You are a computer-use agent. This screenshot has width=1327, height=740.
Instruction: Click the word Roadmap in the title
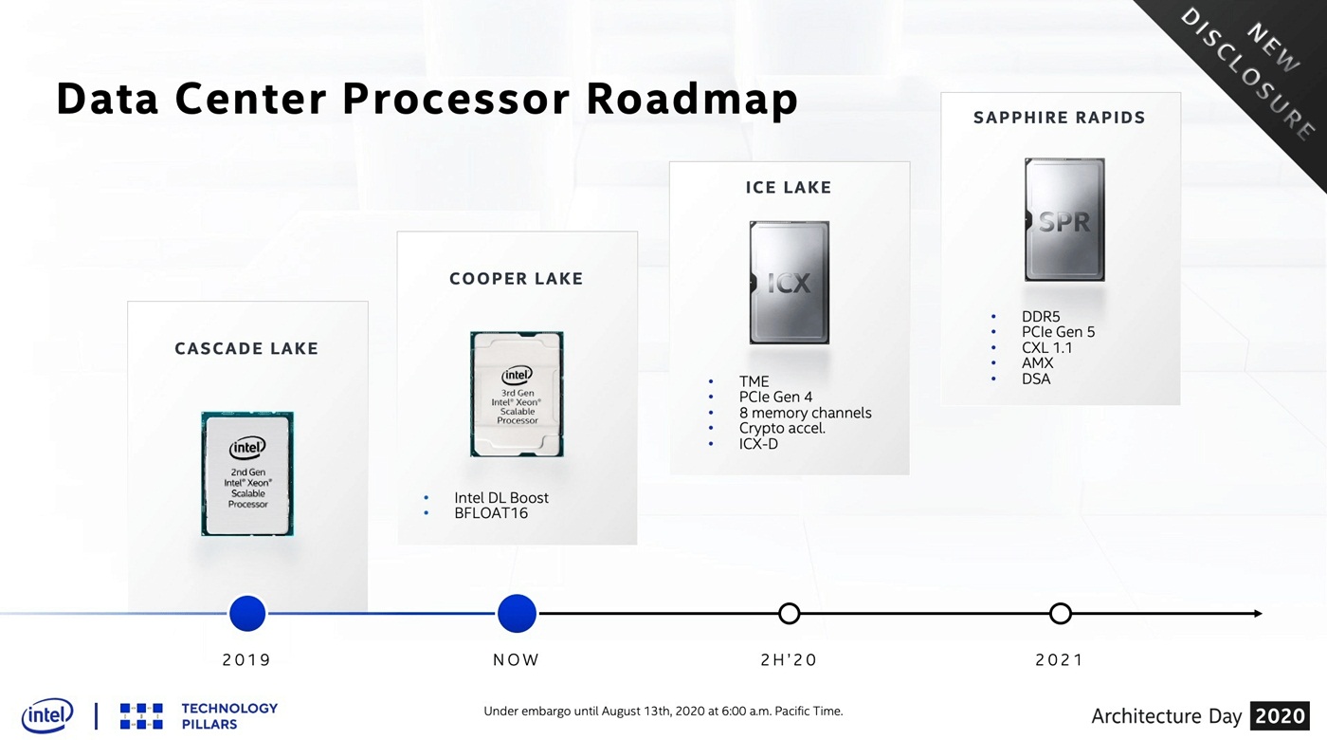(692, 99)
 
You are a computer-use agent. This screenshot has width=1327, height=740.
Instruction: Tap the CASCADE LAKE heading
(246, 349)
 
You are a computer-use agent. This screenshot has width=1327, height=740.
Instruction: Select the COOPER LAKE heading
(517, 279)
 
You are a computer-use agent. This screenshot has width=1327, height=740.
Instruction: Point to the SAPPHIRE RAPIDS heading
(1060, 118)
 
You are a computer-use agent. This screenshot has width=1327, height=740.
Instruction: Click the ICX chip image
(789, 283)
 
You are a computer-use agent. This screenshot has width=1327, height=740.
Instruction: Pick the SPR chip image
(1064, 219)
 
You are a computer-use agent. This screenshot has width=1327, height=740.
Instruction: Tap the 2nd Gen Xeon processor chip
(247, 473)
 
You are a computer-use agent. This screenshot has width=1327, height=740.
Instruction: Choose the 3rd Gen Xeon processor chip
(517, 394)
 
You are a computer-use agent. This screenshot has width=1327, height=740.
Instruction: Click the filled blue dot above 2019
(247, 613)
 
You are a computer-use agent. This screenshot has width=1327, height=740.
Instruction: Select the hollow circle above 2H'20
(789, 613)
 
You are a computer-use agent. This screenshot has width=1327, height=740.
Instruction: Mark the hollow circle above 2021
(1061, 613)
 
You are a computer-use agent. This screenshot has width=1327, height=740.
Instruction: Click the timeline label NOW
(516, 660)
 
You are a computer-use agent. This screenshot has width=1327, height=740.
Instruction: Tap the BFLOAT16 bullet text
(491, 513)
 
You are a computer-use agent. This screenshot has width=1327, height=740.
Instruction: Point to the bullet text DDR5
(1041, 317)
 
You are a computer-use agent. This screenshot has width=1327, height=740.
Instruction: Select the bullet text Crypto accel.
(782, 428)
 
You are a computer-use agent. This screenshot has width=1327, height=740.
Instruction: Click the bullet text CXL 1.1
(1046, 348)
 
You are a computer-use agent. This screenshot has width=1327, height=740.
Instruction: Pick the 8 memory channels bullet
(805, 413)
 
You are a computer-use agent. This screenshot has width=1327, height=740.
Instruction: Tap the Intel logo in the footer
(47, 715)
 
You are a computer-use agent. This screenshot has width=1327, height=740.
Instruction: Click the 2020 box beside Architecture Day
(1280, 715)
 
